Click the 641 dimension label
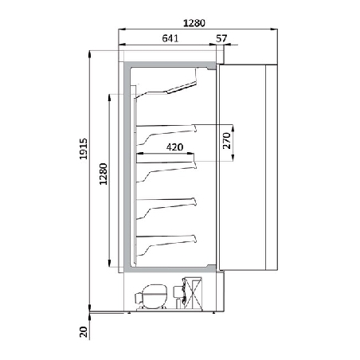170,38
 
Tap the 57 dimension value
221,38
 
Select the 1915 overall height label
84,149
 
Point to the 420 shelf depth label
174,147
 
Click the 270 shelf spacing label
226,141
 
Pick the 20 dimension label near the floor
84,332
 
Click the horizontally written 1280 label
194,23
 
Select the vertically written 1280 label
103,174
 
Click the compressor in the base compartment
151,296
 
